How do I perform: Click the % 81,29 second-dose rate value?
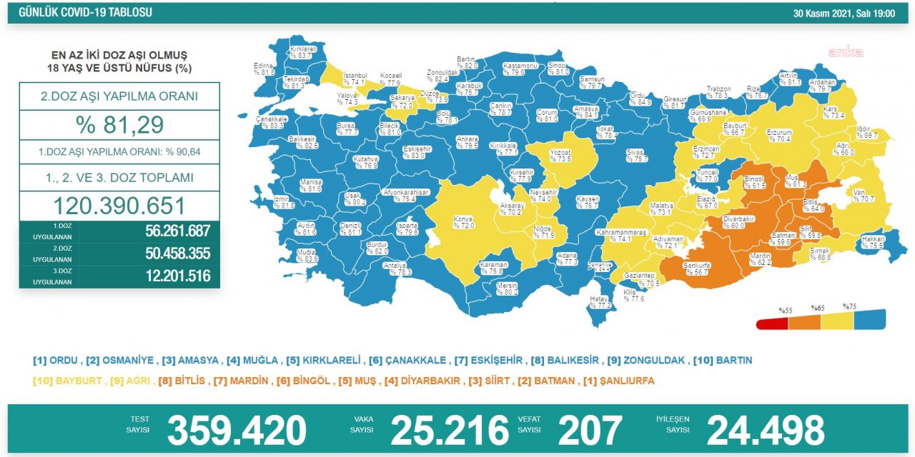click(119, 125)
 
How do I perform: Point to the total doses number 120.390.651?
click(119, 206)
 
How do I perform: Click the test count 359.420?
click(237, 430)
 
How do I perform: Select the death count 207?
click(590, 430)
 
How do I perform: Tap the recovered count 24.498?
click(766, 430)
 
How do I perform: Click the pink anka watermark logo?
click(846, 51)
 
